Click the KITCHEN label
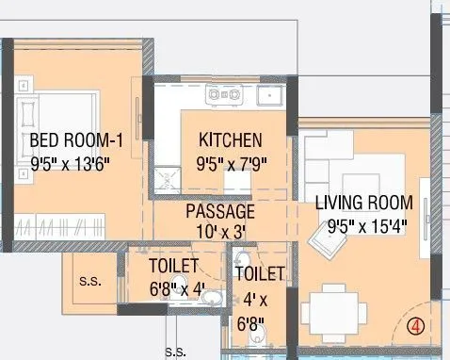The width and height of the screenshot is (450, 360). pyautogui.click(x=230, y=141)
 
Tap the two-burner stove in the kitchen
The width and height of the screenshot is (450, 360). pyautogui.click(x=224, y=93)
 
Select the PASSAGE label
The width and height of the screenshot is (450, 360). pyautogui.click(x=219, y=211)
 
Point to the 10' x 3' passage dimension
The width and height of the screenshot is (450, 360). pyautogui.click(x=219, y=229)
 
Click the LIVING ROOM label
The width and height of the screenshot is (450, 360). pyautogui.click(x=363, y=203)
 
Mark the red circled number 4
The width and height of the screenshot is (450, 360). pyautogui.click(x=415, y=327)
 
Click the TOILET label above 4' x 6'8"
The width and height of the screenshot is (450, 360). pyautogui.click(x=259, y=274)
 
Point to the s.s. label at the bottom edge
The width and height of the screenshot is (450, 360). pyautogui.click(x=175, y=352)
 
